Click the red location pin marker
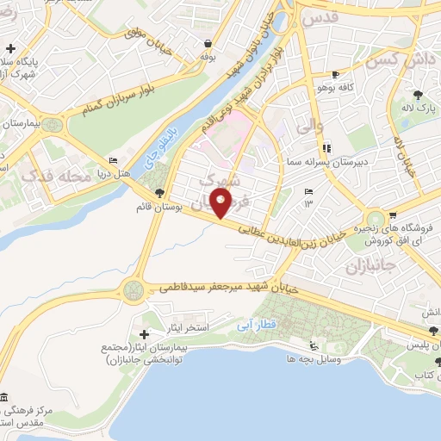click(x=221, y=205)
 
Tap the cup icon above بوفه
click(x=208, y=43)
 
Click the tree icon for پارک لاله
click(x=418, y=95)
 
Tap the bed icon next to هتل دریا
click(x=114, y=161)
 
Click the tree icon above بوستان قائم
click(x=158, y=194)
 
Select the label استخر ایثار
click(x=177, y=328)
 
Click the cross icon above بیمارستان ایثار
click(x=144, y=334)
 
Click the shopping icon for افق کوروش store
click(x=393, y=215)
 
